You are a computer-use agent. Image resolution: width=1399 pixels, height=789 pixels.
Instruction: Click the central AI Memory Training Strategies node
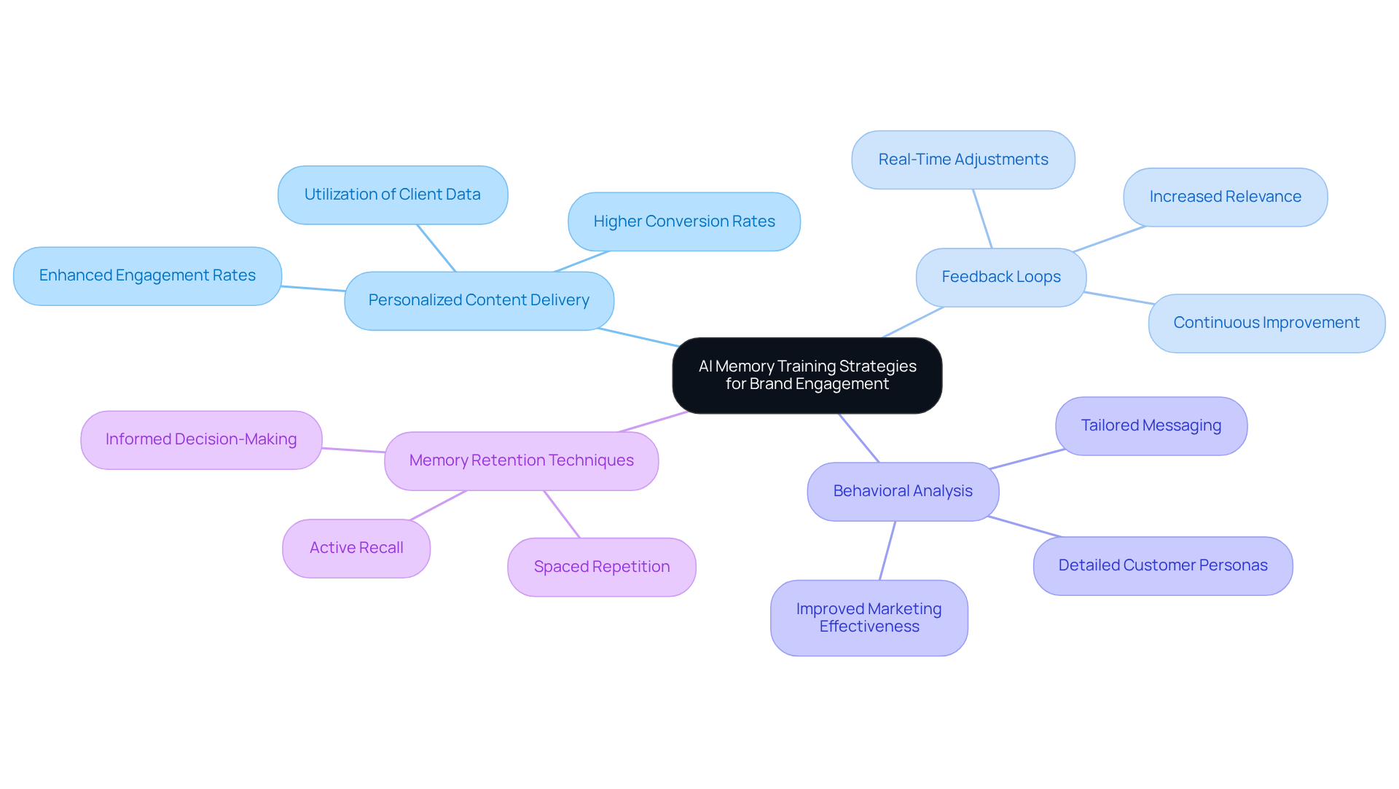(x=807, y=375)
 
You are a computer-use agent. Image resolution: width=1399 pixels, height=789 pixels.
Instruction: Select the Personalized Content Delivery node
(x=479, y=300)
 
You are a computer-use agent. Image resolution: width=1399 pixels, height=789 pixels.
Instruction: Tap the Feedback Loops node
(x=1000, y=277)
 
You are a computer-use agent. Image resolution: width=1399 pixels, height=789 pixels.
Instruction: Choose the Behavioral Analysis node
(x=902, y=491)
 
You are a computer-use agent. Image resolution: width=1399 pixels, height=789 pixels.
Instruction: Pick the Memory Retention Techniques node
(x=521, y=460)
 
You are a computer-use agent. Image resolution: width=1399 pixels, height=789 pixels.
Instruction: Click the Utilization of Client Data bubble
(x=392, y=195)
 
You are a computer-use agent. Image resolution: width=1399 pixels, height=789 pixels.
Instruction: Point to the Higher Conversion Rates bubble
(x=683, y=221)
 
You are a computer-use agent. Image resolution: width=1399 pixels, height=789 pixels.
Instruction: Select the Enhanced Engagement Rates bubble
(x=147, y=275)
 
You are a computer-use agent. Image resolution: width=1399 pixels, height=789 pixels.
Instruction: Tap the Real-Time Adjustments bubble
(x=963, y=160)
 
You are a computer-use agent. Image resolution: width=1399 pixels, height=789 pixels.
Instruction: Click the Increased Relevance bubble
(x=1225, y=197)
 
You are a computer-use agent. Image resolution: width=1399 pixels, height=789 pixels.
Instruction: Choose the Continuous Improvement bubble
(x=1266, y=323)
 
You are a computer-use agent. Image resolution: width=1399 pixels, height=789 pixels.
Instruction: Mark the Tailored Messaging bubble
(x=1151, y=425)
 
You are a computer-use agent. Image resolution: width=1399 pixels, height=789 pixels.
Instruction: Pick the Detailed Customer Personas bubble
(x=1162, y=565)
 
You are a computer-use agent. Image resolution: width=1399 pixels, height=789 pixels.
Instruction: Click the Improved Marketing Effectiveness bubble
(x=869, y=618)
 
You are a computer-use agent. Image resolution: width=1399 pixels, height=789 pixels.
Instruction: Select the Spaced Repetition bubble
(x=601, y=567)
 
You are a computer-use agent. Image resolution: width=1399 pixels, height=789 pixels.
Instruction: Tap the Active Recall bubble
(x=356, y=548)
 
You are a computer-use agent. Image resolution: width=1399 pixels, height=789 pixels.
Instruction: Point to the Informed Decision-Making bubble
(x=201, y=439)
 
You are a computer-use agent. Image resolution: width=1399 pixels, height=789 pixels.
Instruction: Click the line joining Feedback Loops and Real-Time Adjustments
(x=982, y=219)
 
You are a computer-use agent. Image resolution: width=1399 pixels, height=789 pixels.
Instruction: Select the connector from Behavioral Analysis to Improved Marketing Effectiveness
(x=887, y=551)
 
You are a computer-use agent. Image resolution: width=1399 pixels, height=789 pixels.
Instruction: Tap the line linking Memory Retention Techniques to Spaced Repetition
(x=562, y=514)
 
